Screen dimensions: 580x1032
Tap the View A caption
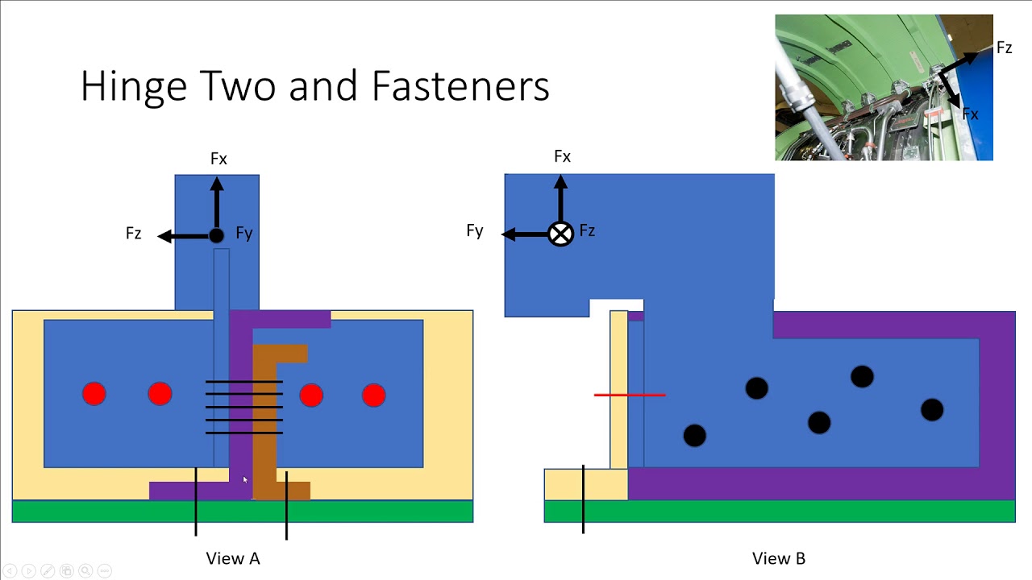(233, 558)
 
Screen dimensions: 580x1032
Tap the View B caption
(778, 558)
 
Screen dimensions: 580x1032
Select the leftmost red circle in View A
(94, 394)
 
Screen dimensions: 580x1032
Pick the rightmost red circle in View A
(373, 395)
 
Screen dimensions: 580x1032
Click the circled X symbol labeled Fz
(560, 234)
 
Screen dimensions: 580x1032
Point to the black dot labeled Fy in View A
(216, 236)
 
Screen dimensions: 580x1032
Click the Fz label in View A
(134, 234)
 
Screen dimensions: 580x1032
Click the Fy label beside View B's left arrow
(475, 231)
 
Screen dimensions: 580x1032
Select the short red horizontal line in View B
(630, 395)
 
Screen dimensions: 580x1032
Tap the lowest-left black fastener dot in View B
(694, 436)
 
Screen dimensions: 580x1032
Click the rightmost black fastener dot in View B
(932, 410)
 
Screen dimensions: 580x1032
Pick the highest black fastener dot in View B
(862, 376)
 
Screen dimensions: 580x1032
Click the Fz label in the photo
(1004, 48)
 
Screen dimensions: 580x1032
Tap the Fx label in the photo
(970, 114)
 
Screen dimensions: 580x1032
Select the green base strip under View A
(242, 512)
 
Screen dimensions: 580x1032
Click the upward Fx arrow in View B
(560, 197)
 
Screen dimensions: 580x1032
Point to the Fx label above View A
(218, 159)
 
